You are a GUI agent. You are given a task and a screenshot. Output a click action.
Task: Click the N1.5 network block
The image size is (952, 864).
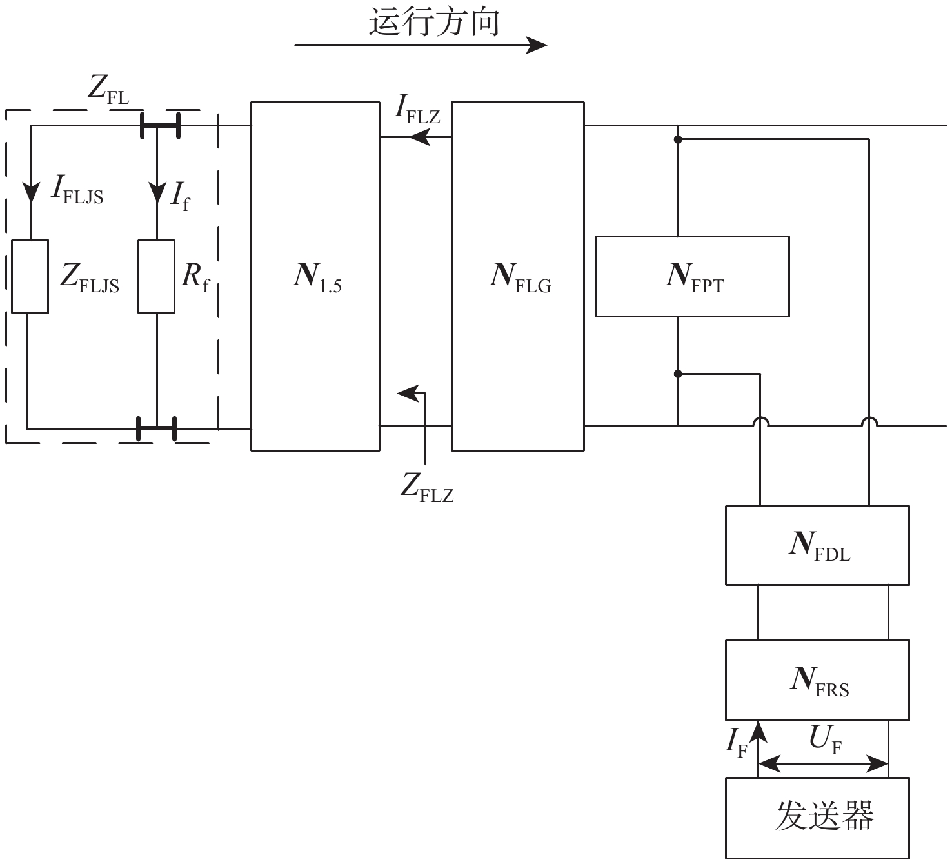[x=315, y=276]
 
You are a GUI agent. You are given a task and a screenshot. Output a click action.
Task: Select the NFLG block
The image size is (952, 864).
[x=518, y=276]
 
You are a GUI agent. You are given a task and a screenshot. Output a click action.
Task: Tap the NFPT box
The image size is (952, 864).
[x=692, y=276]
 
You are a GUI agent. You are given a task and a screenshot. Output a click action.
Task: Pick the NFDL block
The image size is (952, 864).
[x=817, y=545]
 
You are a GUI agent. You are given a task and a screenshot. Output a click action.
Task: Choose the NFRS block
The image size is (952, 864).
[x=817, y=680]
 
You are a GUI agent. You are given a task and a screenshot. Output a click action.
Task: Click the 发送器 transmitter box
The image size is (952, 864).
[x=817, y=817]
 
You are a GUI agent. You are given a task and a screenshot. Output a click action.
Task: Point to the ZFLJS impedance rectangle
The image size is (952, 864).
[x=30, y=276]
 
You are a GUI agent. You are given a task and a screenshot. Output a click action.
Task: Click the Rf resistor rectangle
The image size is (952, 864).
[x=157, y=276]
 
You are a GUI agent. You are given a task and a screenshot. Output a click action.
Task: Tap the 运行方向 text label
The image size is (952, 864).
[x=434, y=22]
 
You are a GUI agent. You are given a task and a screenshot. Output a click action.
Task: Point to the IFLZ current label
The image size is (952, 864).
[x=417, y=110]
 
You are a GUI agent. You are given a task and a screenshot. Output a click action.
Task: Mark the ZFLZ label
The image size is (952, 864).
[x=427, y=487]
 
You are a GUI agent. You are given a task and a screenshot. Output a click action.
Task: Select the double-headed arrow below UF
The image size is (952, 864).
[x=823, y=764]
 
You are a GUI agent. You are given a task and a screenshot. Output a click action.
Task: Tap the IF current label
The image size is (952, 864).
[x=736, y=742]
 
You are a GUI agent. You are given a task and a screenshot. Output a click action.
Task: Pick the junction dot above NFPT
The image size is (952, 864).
[x=677, y=139]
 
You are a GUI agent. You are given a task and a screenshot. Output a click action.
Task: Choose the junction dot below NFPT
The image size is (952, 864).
[x=677, y=374]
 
